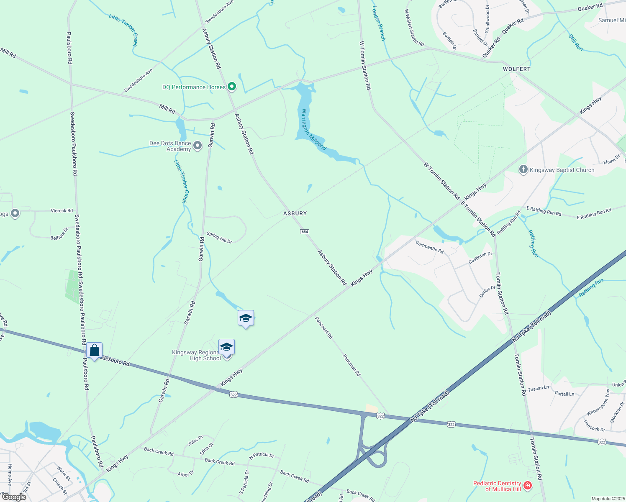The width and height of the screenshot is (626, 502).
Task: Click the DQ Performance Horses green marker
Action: [x=231, y=87]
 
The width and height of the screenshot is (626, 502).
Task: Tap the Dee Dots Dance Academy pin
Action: [x=198, y=146]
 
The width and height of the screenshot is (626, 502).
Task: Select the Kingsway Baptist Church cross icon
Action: [x=523, y=169]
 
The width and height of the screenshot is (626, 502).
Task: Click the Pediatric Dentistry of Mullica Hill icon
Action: [x=528, y=486]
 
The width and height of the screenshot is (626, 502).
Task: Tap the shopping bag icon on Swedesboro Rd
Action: [x=95, y=351]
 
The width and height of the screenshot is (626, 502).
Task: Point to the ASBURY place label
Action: [x=295, y=213]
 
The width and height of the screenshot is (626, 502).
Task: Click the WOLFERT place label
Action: [x=517, y=69]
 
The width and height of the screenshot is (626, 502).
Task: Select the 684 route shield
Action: [x=304, y=232]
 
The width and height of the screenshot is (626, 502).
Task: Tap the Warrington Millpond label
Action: [x=313, y=130]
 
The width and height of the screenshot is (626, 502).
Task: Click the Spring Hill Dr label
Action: [x=219, y=238]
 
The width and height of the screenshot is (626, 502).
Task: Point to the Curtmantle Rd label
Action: [x=430, y=247]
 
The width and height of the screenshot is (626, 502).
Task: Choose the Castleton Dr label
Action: [x=480, y=257]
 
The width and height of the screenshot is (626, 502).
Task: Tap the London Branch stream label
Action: [x=379, y=23]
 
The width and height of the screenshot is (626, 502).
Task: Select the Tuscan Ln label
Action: [x=538, y=389]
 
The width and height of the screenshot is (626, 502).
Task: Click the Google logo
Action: [x=14, y=497]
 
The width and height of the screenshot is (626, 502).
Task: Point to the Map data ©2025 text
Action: [x=608, y=499]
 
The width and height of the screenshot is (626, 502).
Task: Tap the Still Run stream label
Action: [x=576, y=43]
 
